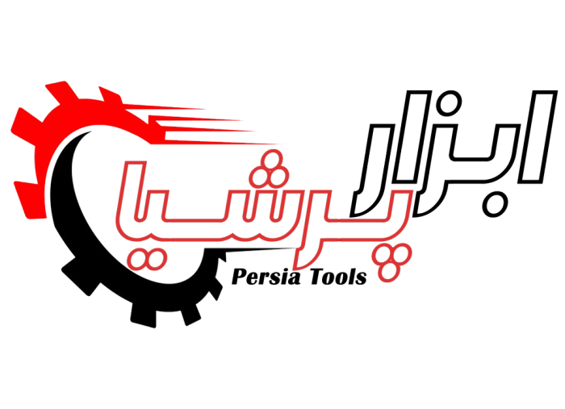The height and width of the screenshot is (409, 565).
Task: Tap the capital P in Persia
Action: click(239, 277)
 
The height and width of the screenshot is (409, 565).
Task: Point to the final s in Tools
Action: click(362, 279)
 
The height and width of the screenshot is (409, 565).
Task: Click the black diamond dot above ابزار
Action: click(448, 103)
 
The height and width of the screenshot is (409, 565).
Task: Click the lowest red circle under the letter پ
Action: click(388, 272)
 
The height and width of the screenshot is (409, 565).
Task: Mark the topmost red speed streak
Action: click(164, 107)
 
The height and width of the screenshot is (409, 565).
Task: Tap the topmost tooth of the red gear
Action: click(60, 92)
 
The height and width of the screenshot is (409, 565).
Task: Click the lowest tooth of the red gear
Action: click(31, 200)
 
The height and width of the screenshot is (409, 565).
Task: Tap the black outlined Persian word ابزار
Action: click(454, 153)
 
